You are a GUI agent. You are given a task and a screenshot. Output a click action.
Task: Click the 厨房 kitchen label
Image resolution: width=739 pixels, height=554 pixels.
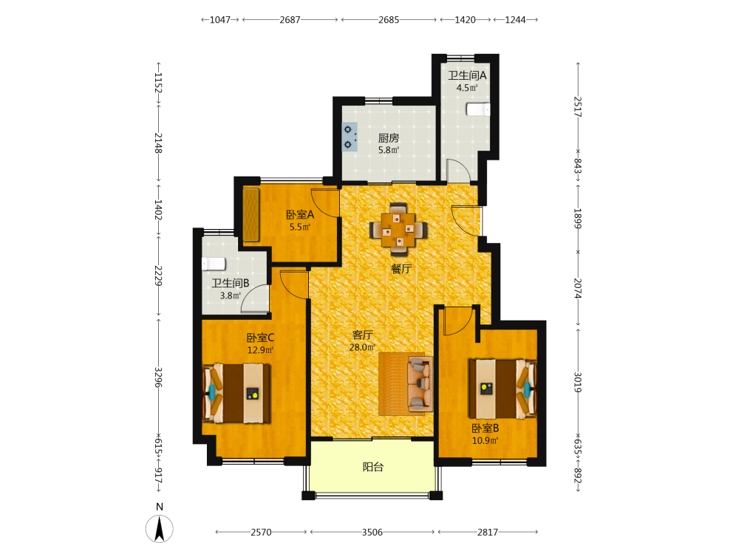(x=389, y=138)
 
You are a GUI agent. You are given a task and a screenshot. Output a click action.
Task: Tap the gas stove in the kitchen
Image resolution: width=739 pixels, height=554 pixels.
(x=350, y=137)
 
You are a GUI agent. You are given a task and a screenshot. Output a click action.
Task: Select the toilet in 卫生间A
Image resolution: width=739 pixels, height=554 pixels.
(x=478, y=109)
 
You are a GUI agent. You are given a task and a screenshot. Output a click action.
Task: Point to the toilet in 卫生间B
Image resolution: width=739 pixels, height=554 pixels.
(x=214, y=264)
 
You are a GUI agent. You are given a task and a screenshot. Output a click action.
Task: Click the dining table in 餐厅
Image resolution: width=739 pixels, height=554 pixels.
(x=399, y=230)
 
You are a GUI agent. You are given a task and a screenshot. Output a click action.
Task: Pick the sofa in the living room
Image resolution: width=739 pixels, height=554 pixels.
(x=420, y=384)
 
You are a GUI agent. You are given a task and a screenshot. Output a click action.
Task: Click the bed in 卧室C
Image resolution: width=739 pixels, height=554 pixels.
(x=236, y=393)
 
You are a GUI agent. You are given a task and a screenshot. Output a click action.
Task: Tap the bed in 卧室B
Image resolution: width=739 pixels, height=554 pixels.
(x=503, y=389)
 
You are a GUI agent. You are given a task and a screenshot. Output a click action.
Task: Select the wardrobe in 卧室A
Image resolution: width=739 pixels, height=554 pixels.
(x=251, y=215)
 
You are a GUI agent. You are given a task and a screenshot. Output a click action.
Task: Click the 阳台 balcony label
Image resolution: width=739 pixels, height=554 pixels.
(x=372, y=467)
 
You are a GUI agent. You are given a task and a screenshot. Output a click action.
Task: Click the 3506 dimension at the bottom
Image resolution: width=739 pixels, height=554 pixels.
(x=372, y=533)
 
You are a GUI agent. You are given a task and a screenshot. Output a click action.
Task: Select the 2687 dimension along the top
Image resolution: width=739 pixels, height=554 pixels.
(x=290, y=20)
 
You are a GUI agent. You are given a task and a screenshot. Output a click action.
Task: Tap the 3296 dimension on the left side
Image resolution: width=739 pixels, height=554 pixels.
(x=159, y=377)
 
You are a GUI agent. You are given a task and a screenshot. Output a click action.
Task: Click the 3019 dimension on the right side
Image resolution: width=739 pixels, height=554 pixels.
(x=578, y=382)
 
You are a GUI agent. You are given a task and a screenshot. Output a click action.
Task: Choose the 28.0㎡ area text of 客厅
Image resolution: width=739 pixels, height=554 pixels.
(x=362, y=348)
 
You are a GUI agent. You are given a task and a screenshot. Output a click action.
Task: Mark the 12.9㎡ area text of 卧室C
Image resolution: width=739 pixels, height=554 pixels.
(x=260, y=350)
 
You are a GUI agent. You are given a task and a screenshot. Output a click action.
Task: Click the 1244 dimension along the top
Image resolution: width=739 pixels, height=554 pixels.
(x=515, y=20)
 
